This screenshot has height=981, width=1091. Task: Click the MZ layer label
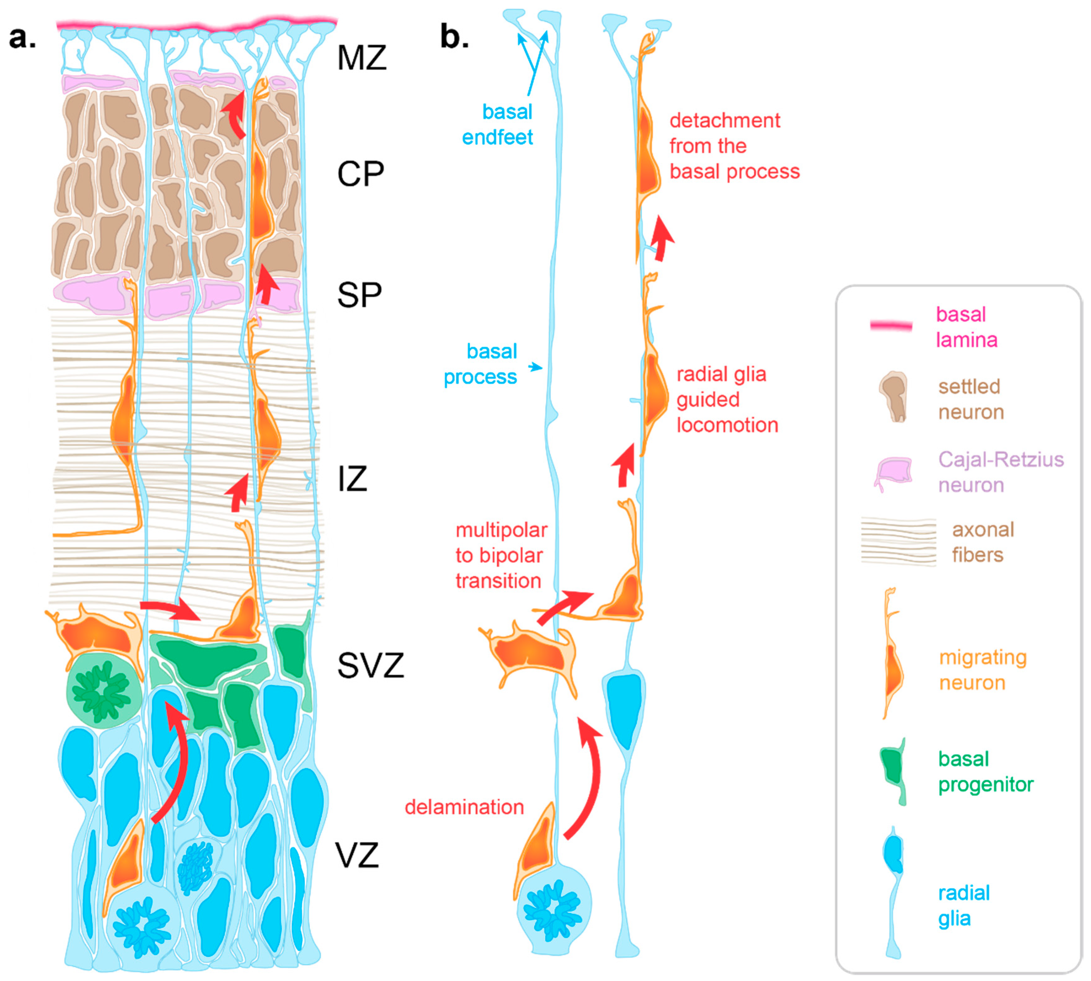pos(361,58)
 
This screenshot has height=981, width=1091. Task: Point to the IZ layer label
pos(352,479)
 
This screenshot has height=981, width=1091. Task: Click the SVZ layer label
pos(370,666)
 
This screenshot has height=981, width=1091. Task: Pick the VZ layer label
pos(357,855)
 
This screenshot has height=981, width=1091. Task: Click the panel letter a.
pos(22,38)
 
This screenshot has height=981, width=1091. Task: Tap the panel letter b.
pos(454,37)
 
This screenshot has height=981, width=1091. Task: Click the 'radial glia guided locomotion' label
pos(727,399)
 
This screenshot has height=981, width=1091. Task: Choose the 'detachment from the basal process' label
pos(734,146)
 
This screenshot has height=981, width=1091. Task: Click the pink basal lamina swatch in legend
pos(891,325)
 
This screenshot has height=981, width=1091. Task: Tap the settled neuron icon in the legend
pos(894,396)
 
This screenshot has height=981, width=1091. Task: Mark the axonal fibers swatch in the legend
pos(898,541)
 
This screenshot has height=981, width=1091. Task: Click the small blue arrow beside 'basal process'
pos(535,367)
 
